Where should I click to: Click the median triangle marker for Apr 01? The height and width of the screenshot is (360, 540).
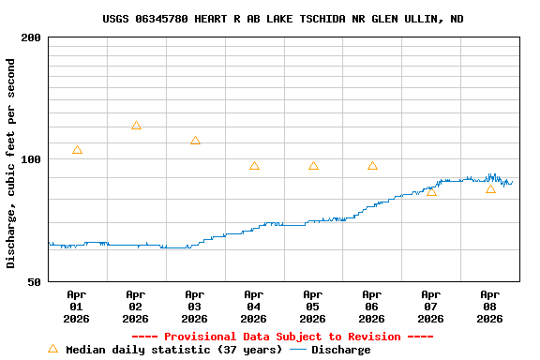[x=77, y=150]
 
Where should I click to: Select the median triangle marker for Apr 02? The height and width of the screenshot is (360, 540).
[x=136, y=126]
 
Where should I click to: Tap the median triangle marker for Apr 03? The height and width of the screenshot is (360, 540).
[x=195, y=141]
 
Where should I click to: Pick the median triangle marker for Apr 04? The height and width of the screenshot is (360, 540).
[x=254, y=166]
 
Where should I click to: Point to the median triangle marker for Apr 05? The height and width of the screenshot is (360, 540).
[x=313, y=166]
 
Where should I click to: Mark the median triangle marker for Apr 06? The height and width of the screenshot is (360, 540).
[x=372, y=166]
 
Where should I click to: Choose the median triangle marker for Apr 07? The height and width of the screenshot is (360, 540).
[x=431, y=191]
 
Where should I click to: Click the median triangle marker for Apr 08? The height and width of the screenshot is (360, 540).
[x=490, y=189]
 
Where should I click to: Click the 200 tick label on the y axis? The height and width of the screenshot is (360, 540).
[x=31, y=37]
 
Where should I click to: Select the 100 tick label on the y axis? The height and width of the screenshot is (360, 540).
[x=31, y=159]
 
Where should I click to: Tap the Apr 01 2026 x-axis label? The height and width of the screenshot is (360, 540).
[x=77, y=307]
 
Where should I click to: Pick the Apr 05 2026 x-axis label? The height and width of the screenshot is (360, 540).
[x=313, y=307]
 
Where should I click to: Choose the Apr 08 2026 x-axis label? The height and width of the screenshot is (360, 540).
[x=490, y=307]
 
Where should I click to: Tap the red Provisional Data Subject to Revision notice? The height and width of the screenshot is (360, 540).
[x=282, y=337]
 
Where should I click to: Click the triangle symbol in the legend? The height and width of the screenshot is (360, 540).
[x=52, y=349]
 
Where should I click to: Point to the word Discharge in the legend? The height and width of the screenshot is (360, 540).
[x=340, y=350]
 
